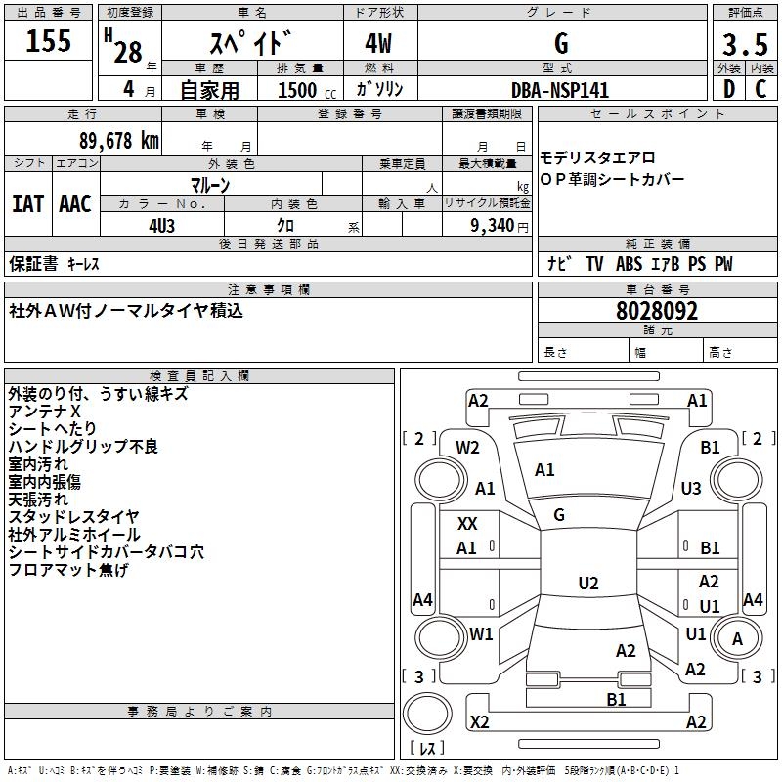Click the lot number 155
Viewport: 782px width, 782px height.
[49, 42]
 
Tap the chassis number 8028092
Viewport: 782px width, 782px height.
[657, 312]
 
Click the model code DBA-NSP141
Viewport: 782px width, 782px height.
[560, 90]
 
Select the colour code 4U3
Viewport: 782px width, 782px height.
[161, 224]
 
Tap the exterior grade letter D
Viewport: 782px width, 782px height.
[727, 89]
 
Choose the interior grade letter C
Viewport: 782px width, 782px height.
[760, 89]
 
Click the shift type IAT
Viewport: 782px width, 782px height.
[27, 204]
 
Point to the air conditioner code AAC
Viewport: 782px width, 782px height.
[75, 204]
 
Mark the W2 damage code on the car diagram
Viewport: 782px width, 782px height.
[468, 448]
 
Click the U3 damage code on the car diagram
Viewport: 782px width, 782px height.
[691, 488]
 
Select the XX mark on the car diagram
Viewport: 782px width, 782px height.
[468, 524]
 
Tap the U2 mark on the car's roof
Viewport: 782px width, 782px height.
[587, 584]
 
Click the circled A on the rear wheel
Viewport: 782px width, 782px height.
[738, 639]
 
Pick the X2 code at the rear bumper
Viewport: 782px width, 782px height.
[479, 722]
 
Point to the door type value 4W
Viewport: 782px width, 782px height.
[380, 44]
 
